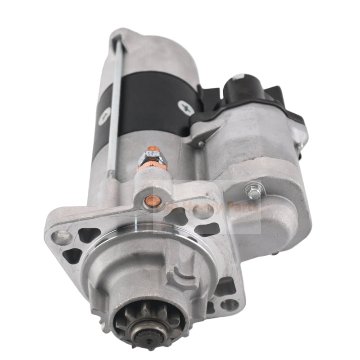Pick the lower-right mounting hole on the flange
[x=229, y=305]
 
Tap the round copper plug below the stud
[x=148, y=203]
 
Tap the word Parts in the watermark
[x=243, y=207]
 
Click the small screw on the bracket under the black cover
[x=202, y=144]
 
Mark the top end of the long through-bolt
[x=118, y=39]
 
